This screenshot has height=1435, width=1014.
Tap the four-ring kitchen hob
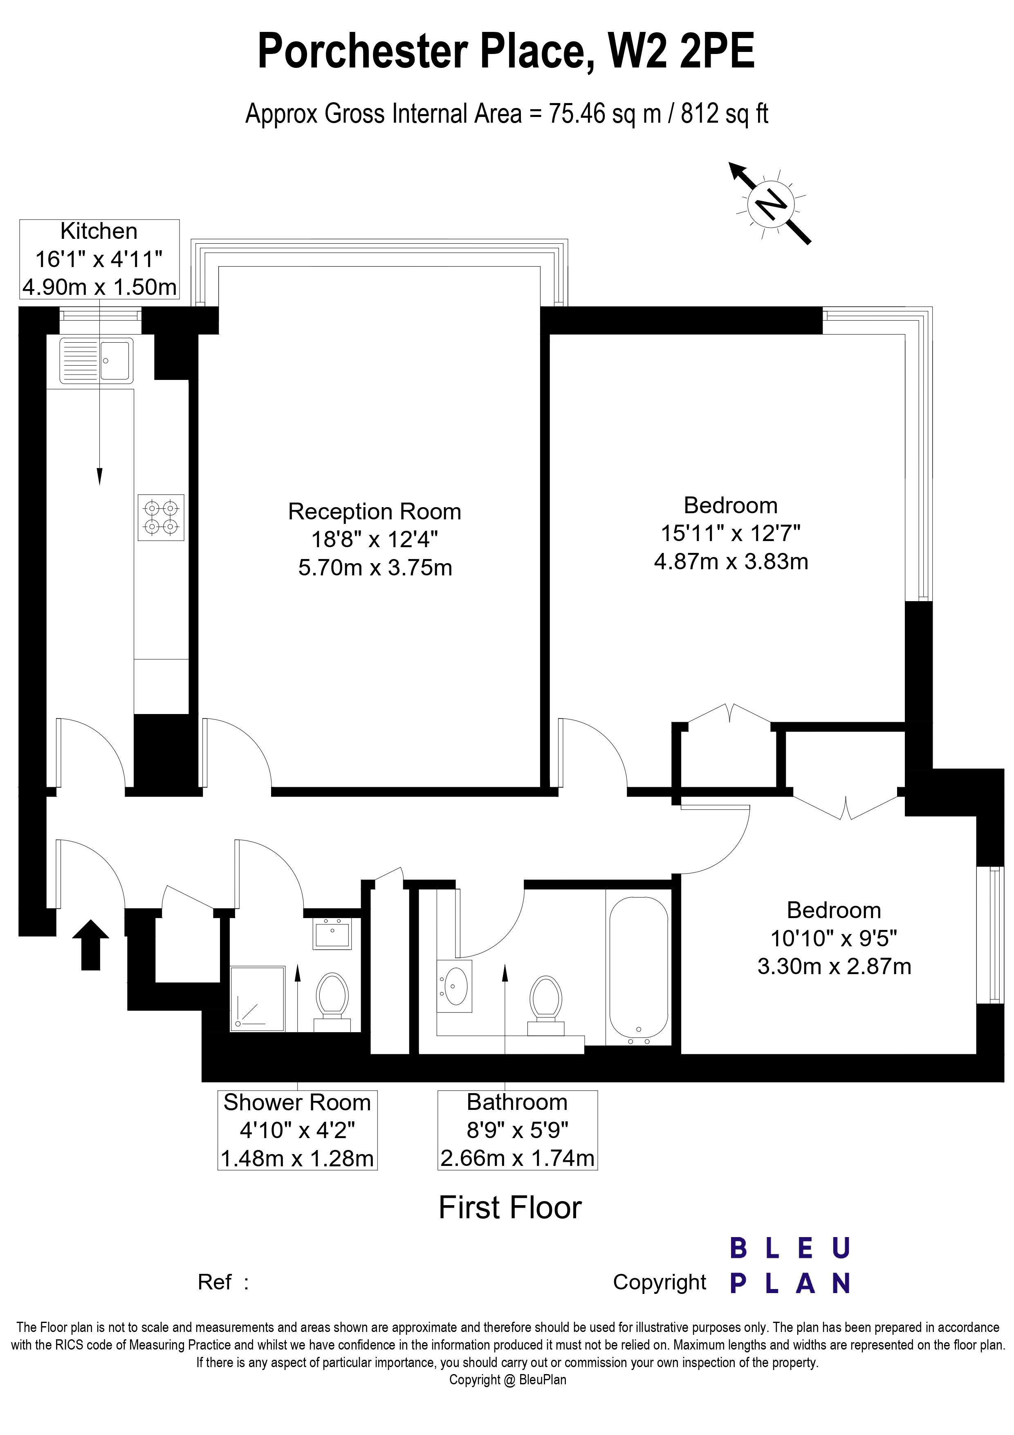coord(161,517)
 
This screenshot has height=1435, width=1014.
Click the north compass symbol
coord(771,204)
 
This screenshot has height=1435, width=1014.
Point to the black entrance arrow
coord(91,945)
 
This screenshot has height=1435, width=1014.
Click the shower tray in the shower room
coord(258,998)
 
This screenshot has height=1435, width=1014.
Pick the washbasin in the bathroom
coord(454,986)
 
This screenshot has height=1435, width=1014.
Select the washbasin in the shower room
coord(333,933)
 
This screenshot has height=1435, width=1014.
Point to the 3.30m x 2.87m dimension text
coord(834,966)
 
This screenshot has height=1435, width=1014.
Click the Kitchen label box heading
coord(99,231)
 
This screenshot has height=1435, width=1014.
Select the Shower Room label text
coord(297,1103)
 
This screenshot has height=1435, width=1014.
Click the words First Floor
coord(510,1208)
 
